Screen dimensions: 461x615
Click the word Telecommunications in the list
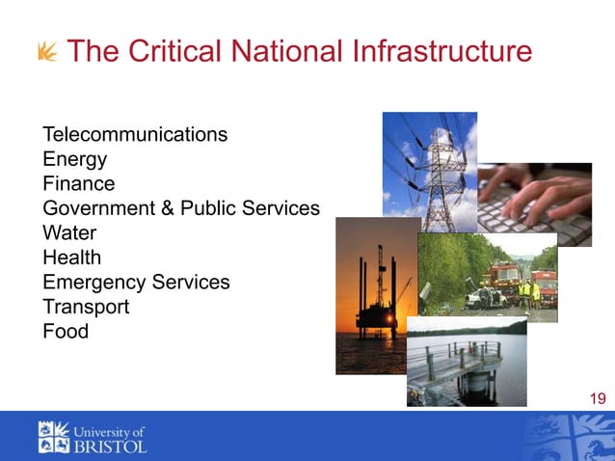(x=135, y=134)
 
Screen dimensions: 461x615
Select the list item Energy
(x=74, y=159)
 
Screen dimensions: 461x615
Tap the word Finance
(x=78, y=183)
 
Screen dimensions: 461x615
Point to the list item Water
(x=69, y=233)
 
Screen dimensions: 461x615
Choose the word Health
(x=71, y=258)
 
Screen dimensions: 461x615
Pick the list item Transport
(x=86, y=307)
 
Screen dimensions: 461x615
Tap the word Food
(x=66, y=332)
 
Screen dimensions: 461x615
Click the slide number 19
(x=597, y=398)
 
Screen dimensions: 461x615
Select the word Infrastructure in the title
(x=428, y=51)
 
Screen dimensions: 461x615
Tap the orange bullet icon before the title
(x=46, y=52)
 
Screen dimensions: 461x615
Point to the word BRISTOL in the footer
(x=111, y=447)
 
